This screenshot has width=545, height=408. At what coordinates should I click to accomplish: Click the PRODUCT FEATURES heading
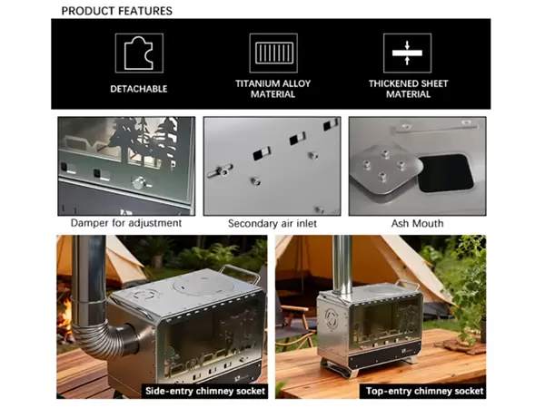click(x=117, y=11)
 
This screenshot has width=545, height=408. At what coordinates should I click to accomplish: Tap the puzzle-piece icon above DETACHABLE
click(x=139, y=53)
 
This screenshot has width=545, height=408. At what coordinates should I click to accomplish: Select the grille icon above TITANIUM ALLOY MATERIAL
click(x=273, y=53)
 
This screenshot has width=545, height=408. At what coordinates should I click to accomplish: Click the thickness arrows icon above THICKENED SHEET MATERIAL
click(x=407, y=53)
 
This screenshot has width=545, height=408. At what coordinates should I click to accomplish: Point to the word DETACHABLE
click(x=139, y=89)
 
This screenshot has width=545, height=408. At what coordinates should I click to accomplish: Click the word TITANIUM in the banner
click(x=258, y=83)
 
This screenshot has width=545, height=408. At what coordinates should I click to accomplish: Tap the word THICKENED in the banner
click(x=392, y=83)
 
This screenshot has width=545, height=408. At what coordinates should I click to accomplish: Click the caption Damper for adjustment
click(x=126, y=223)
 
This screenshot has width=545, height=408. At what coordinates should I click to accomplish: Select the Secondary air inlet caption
click(x=272, y=223)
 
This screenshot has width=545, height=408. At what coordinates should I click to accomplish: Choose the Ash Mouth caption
click(x=418, y=223)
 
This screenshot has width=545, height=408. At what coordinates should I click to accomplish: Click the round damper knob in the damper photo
click(x=139, y=182)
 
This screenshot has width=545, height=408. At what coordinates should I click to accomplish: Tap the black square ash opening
click(x=446, y=173)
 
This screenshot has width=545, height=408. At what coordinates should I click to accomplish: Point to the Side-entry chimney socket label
click(x=205, y=392)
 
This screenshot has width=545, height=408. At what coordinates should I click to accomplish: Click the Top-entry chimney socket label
click(x=424, y=392)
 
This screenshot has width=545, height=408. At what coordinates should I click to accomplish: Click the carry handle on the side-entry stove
click(x=240, y=271)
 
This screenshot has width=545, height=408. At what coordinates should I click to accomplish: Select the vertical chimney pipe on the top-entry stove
click(x=342, y=265)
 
